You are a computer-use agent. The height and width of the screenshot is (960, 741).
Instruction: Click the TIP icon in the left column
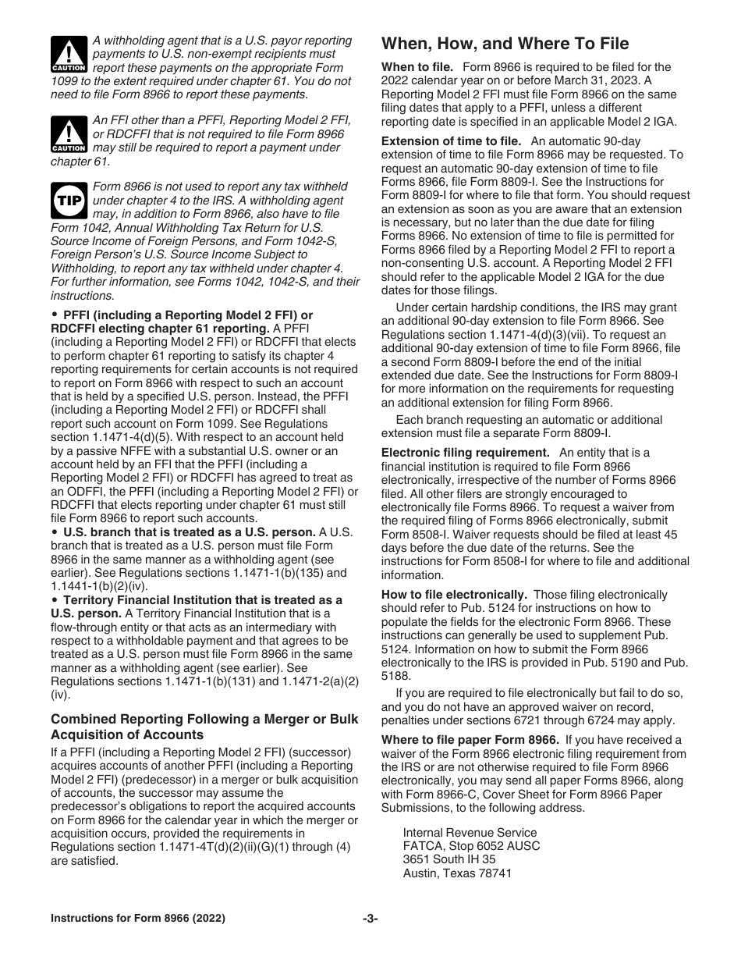69,201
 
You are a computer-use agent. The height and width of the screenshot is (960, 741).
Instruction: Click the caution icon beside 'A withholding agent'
69,54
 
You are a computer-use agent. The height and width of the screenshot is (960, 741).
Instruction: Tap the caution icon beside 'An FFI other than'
69,133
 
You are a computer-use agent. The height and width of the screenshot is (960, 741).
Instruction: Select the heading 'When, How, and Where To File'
505,43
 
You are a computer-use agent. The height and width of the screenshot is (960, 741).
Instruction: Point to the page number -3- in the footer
370,919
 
